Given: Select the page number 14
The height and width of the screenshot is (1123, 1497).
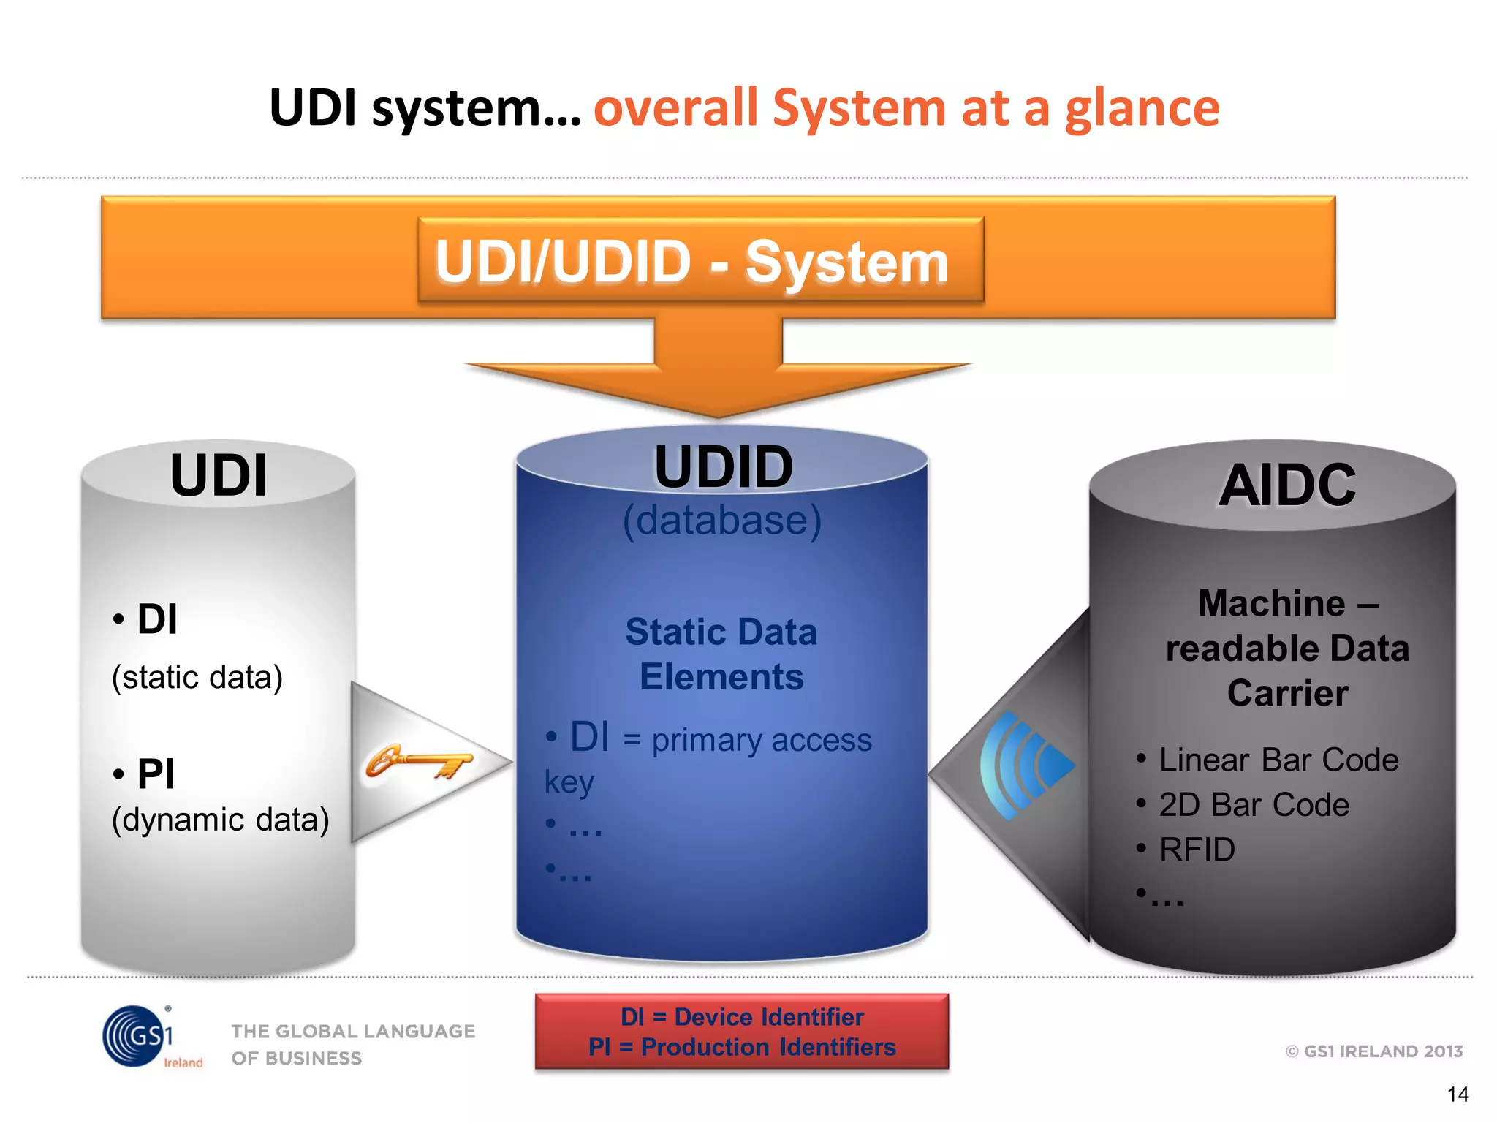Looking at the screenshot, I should coord(1458,1094).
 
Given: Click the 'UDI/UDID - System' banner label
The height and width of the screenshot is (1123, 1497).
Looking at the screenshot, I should coord(691,262).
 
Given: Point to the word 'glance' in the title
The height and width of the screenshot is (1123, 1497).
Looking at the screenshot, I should coord(1142,108).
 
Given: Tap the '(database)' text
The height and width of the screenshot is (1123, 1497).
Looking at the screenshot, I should coord(721,521).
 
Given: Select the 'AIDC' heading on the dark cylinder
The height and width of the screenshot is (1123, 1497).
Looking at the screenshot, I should coord(1286,485).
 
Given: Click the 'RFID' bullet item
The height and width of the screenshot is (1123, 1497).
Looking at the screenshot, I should coord(1197,850).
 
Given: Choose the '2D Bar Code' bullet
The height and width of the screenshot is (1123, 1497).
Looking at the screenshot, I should coord(1253,805).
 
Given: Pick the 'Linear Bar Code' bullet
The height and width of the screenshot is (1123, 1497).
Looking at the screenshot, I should coord(1278,760).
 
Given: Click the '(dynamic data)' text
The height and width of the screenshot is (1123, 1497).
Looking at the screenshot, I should coord(220,820).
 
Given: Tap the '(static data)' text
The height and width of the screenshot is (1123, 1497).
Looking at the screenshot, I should coord(197,677).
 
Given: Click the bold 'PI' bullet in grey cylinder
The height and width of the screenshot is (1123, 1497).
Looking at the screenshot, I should coord(155,774).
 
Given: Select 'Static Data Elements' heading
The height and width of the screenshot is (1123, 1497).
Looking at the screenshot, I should coord(721,654).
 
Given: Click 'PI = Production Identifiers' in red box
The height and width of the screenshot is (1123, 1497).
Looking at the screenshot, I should coord(741,1047).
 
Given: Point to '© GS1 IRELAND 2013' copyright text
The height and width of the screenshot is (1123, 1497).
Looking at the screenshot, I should coord(1373,1051).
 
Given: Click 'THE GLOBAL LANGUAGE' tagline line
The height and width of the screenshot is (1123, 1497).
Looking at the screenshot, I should coord(353,1031).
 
